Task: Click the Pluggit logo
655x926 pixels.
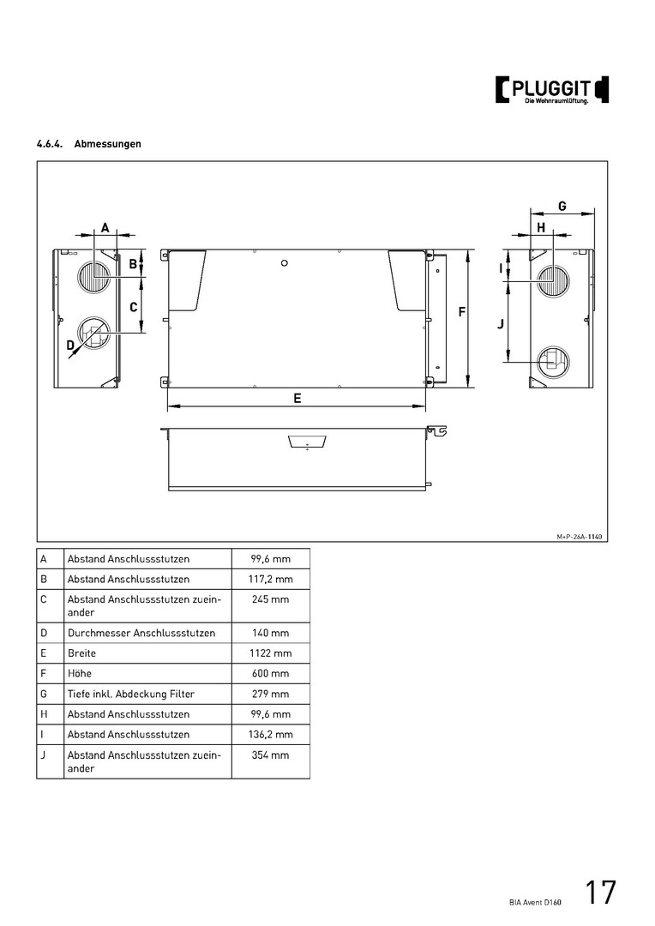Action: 552,90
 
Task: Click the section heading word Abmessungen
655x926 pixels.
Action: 108,144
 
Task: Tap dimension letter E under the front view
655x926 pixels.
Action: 297,398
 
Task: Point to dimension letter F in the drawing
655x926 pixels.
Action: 461,312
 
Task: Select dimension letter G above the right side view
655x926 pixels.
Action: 562,206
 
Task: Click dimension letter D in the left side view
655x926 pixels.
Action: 70,345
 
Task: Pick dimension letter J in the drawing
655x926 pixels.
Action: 500,324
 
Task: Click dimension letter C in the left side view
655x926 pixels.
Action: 134,306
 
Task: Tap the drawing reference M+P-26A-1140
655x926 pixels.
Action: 580,536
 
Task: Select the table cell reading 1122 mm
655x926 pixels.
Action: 270,653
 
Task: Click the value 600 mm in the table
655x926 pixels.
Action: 270,673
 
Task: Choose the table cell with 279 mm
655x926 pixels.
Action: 270,694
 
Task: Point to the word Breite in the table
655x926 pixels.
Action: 82,653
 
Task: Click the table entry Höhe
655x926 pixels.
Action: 80,673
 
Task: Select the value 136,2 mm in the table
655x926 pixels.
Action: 270,735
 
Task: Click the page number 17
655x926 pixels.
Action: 601,893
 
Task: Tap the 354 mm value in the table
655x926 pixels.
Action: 270,755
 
